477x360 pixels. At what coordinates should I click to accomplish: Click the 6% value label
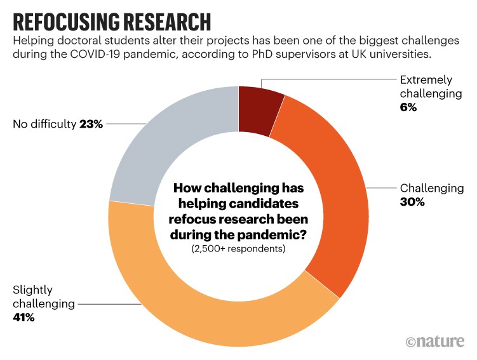pos(408,108)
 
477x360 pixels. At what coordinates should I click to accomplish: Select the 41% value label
pos(23,317)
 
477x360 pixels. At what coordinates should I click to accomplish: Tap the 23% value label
pos(91,124)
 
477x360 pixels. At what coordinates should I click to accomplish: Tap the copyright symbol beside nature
pos(411,342)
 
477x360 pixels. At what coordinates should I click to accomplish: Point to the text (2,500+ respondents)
pos(238,249)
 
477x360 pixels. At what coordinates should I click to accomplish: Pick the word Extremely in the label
pos(426,80)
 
